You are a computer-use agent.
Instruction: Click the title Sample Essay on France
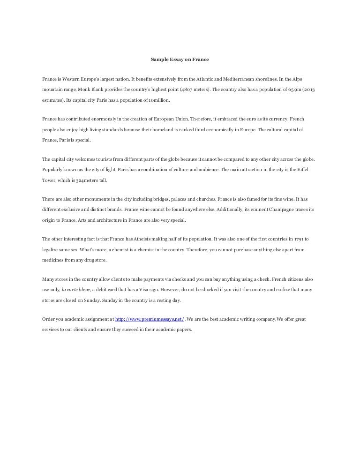pos(180,60)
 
